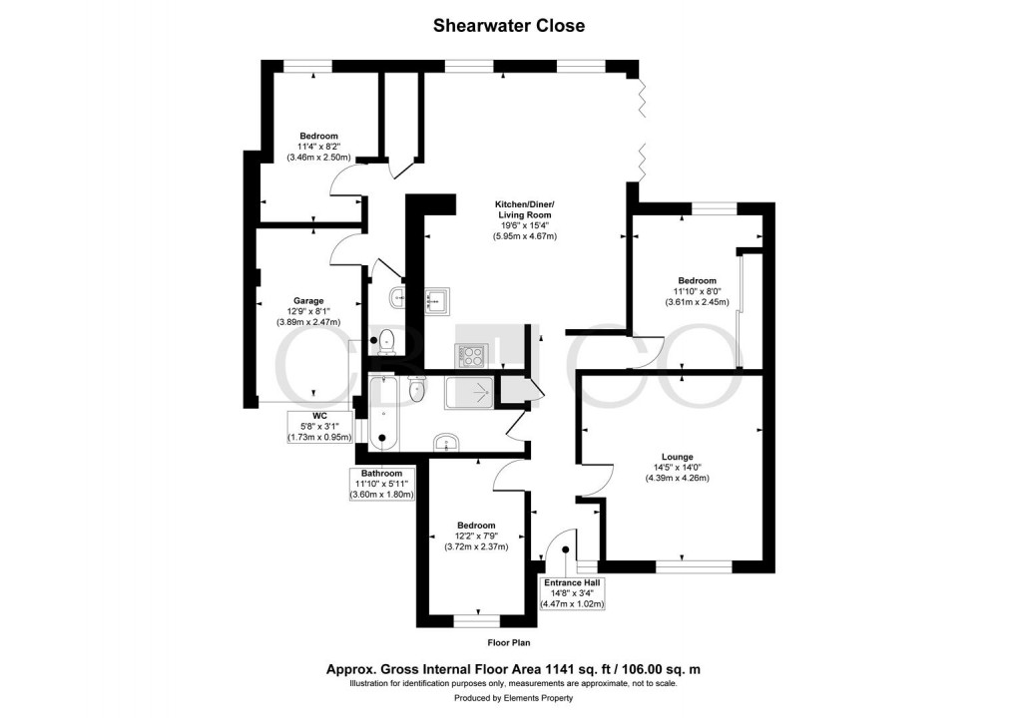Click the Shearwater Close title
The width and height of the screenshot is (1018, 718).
509,26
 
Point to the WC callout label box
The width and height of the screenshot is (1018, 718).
319,426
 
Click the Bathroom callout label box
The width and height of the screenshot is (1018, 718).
381,484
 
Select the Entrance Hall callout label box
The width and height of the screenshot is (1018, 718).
573,592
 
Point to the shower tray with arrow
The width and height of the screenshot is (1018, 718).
469,392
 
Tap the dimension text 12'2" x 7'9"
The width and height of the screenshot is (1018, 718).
476,536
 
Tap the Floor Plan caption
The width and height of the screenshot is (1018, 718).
508,644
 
